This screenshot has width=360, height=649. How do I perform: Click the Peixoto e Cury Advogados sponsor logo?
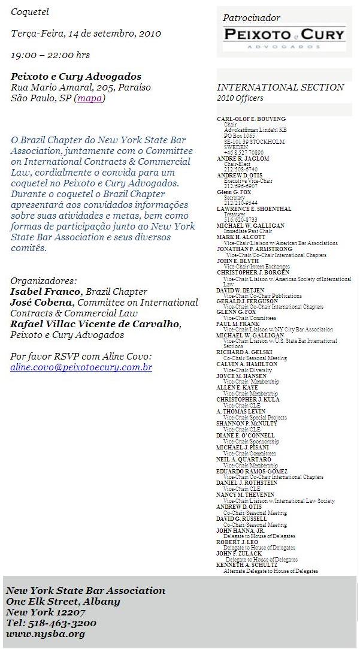(x=285, y=38)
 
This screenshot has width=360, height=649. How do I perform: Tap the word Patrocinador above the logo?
(x=252, y=18)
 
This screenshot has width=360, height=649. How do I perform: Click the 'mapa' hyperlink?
(x=90, y=98)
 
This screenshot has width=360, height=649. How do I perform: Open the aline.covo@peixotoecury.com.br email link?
(x=81, y=367)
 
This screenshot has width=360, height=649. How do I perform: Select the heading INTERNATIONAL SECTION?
(x=280, y=87)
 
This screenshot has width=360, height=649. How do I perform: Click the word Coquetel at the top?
(x=30, y=11)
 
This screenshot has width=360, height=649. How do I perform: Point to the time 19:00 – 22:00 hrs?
(x=50, y=55)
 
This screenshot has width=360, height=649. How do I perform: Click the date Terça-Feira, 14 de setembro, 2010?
(x=86, y=34)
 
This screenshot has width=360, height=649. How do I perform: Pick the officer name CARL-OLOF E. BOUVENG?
(x=251, y=119)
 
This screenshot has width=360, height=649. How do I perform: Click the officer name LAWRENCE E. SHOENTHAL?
(x=254, y=209)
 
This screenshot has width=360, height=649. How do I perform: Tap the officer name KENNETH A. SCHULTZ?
(x=247, y=565)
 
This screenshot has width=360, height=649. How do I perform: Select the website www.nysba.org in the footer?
(x=46, y=633)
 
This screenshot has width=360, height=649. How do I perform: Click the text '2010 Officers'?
(x=240, y=98)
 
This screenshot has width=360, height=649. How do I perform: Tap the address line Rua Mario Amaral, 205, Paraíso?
(x=81, y=87)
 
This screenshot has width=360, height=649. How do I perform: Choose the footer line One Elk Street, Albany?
(x=63, y=601)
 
